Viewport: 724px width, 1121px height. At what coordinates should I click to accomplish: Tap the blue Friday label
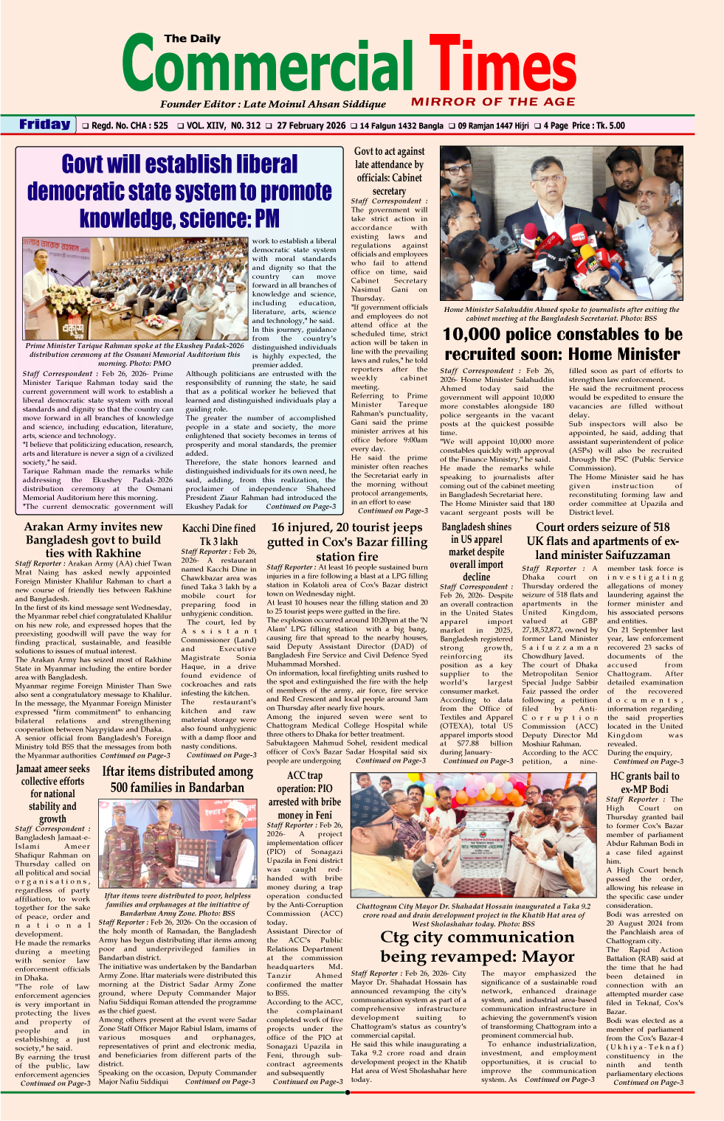point(45,125)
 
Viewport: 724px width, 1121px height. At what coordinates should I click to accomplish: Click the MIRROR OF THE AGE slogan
point(493,102)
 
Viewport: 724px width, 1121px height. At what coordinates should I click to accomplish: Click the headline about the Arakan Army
point(93,540)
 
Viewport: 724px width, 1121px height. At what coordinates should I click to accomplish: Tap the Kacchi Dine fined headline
point(218,535)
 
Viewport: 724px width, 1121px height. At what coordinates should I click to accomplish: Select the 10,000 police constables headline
point(562,344)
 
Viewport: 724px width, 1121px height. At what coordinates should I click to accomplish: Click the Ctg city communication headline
point(477,946)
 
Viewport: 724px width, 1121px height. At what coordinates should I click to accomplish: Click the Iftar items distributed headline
point(178,779)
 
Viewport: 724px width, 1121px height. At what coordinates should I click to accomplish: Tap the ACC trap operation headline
point(305,795)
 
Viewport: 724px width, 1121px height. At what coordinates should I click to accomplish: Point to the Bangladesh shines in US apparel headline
point(476,552)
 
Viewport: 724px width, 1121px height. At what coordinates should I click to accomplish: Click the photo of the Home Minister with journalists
point(561,223)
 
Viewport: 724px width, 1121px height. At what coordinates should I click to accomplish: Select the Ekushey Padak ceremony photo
point(135,288)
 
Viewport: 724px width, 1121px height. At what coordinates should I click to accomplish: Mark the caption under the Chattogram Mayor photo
point(473,914)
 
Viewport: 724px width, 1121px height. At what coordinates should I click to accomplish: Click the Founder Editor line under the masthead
point(272,104)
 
